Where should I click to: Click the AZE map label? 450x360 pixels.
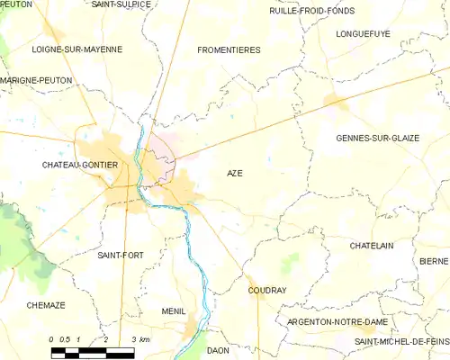(x=234, y=173)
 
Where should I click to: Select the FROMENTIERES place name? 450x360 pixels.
(x=229, y=50)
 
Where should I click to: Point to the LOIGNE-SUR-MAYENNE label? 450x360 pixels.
(x=76, y=49)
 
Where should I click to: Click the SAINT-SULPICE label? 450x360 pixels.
(x=121, y=4)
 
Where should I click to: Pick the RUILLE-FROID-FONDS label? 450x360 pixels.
(x=312, y=11)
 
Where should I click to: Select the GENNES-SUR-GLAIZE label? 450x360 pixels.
(x=377, y=138)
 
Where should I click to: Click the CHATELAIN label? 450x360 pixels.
(x=373, y=245)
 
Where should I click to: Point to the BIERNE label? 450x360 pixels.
(x=433, y=261)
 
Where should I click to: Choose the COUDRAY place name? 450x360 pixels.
(x=266, y=291)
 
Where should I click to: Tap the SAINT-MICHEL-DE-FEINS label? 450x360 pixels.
(x=400, y=342)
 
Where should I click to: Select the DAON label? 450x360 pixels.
(x=219, y=350)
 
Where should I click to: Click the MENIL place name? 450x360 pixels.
(x=173, y=311)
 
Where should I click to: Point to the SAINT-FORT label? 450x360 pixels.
(x=120, y=256)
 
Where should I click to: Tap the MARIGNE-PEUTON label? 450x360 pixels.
(x=36, y=80)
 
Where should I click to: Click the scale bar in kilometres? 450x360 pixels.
(x=93, y=352)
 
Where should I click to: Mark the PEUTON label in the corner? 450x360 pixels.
(x=16, y=4)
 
